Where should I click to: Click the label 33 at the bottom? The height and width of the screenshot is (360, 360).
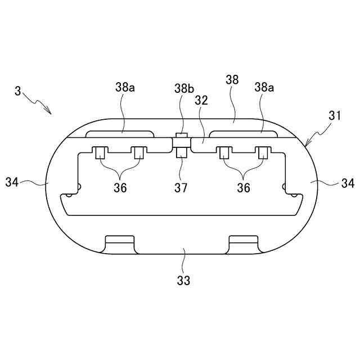(183, 278)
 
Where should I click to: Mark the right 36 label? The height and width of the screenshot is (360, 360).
(243, 188)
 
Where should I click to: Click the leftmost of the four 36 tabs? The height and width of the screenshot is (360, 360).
(100, 152)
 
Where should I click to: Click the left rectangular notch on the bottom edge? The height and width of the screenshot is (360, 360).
(119, 244)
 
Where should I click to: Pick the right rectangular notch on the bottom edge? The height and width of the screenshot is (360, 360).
(244, 244)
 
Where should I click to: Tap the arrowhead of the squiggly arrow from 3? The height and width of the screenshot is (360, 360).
(49, 112)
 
